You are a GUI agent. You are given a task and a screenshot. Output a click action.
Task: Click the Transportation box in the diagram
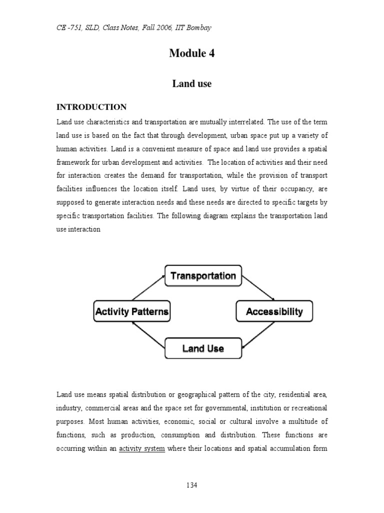(x=203, y=276)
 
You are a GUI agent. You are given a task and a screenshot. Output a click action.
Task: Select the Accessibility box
(x=274, y=312)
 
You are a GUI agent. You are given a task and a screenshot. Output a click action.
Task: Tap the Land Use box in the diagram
(x=203, y=348)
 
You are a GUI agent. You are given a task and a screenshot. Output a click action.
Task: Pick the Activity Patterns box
(x=132, y=312)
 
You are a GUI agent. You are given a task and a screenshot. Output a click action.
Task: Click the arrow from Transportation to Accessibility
(x=258, y=287)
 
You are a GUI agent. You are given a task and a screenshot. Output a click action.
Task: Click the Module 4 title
(x=192, y=54)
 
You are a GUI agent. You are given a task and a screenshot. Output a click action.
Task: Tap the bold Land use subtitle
(x=192, y=84)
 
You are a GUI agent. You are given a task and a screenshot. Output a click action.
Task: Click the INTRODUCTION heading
(x=91, y=107)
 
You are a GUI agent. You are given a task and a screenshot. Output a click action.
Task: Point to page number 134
(x=192, y=485)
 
